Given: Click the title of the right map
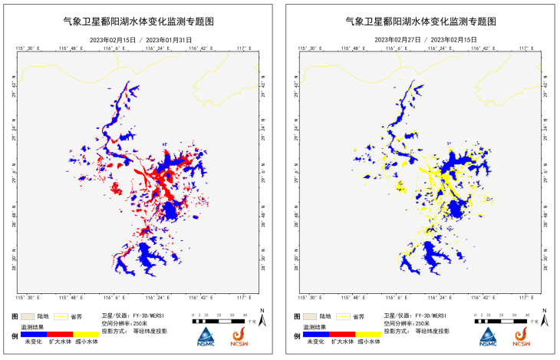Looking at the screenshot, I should click(420, 24).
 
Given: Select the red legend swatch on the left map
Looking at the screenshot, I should click(60, 334).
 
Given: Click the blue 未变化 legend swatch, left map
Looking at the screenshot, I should click(34, 334).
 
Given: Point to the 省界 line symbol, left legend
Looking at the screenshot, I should click(60, 315).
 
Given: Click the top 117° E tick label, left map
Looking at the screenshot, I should click(245, 48).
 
